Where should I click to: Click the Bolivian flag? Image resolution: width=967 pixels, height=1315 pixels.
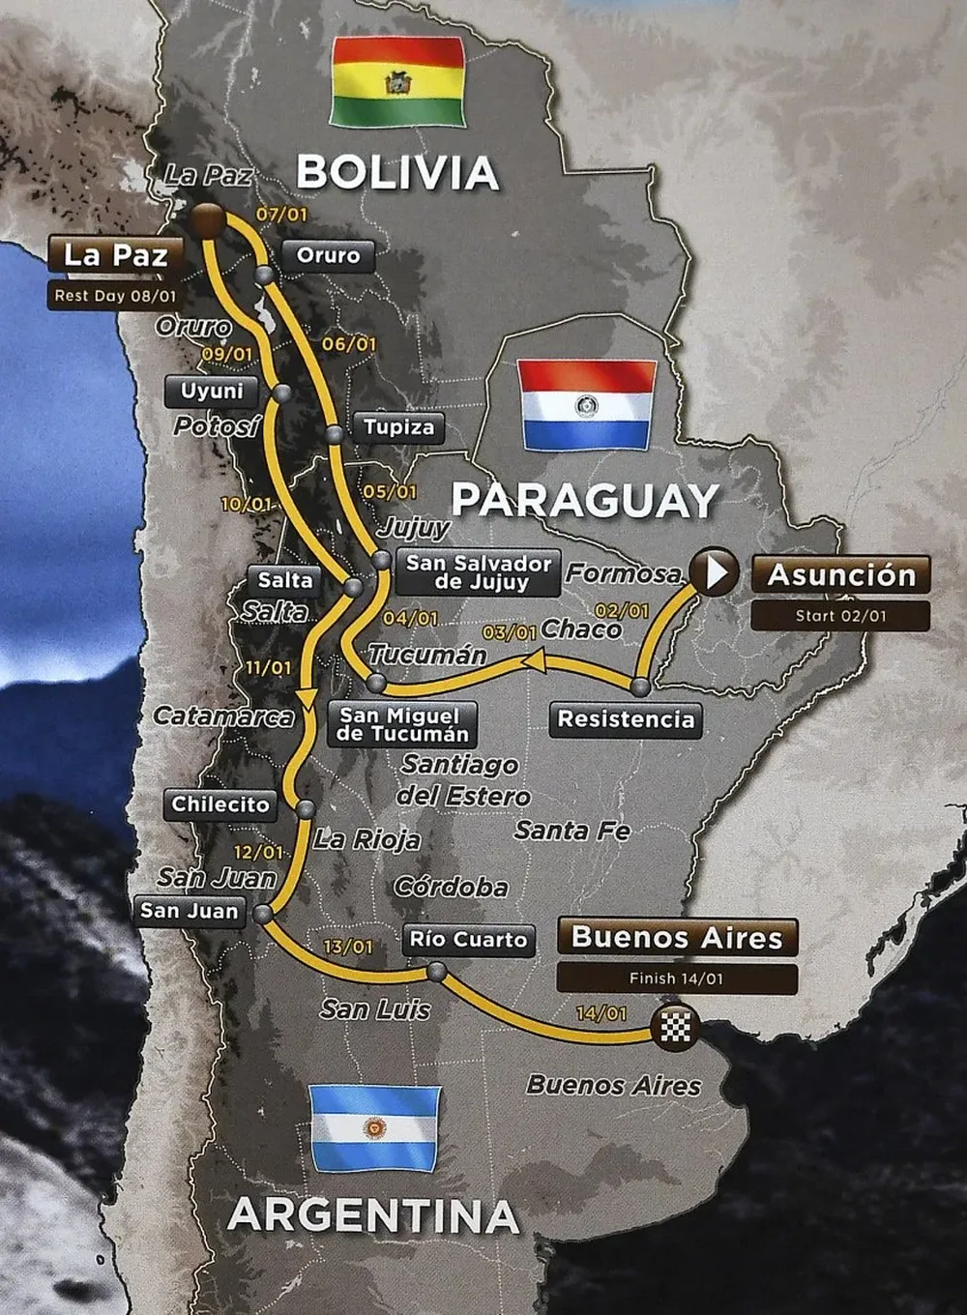click(x=397, y=82)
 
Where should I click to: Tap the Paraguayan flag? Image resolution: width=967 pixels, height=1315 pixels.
click(x=587, y=405)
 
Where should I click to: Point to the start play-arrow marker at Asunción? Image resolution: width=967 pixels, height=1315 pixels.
click(x=716, y=572)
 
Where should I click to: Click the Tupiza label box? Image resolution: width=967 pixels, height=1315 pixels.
click(x=398, y=426)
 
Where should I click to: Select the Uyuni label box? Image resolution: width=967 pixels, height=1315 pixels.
click(x=213, y=392)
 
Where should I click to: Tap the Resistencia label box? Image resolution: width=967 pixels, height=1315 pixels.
click(x=627, y=719)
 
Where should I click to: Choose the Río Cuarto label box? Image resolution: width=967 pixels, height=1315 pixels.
click(x=468, y=939)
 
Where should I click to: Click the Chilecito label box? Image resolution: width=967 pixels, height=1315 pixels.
click(x=220, y=804)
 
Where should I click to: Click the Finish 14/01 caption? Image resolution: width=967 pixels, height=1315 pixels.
click(x=677, y=979)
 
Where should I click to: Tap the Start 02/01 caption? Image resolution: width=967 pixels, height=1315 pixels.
click(x=840, y=615)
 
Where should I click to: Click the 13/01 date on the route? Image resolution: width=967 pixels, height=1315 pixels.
click(x=348, y=947)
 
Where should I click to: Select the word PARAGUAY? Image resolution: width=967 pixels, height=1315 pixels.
click(x=586, y=501)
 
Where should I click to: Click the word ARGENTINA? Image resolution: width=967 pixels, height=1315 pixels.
click(x=373, y=1215)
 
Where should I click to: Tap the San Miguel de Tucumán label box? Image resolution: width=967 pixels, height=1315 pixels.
click(x=403, y=724)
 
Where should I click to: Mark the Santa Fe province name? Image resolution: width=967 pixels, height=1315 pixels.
click(x=571, y=831)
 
